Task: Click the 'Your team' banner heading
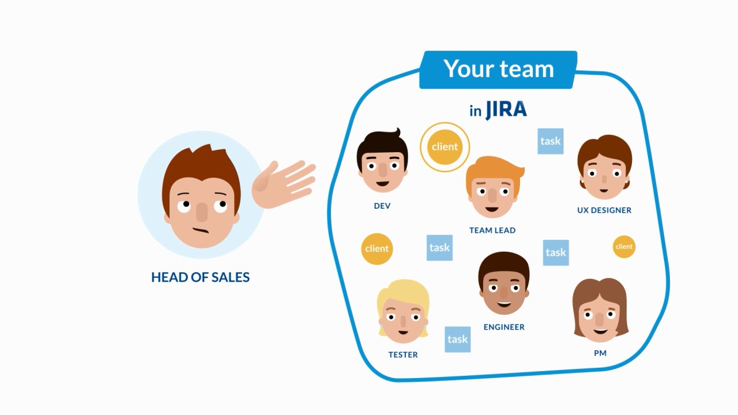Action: click(498, 69)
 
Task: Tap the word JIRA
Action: click(506, 110)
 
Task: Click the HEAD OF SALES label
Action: click(200, 277)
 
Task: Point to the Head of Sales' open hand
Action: click(283, 183)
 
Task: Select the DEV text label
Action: click(382, 206)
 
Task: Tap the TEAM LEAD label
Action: click(492, 230)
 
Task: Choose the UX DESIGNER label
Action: click(604, 210)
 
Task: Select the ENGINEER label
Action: click(503, 327)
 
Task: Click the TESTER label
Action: click(402, 354)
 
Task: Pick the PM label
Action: click(600, 353)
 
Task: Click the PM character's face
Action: click(600, 320)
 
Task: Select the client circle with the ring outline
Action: click(445, 147)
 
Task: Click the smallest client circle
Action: click(623, 247)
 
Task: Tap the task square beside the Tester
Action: click(457, 339)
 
